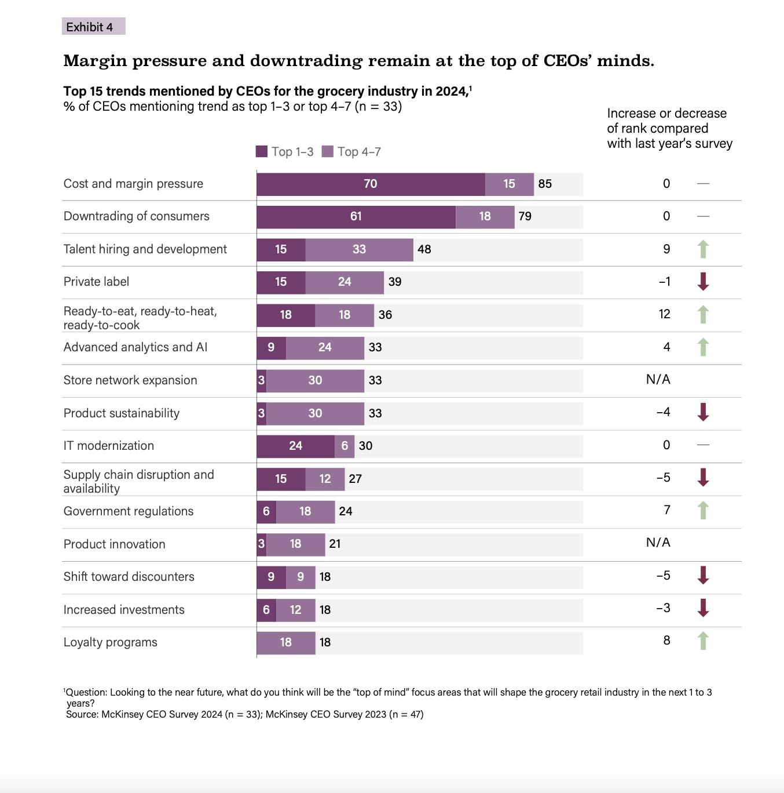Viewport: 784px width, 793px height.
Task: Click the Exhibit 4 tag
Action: (x=93, y=27)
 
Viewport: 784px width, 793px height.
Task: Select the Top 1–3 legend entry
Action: (x=285, y=152)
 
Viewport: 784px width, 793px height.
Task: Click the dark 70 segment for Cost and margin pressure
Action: (x=371, y=184)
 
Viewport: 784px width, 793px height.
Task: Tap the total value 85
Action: (x=545, y=184)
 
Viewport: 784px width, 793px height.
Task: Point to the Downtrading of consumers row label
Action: (x=136, y=216)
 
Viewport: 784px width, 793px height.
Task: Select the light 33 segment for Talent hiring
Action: (x=359, y=249)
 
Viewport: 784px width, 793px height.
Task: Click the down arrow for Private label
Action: (x=703, y=282)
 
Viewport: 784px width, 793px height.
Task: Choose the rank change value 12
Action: (x=664, y=314)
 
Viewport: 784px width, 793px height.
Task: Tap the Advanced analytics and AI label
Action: (x=135, y=347)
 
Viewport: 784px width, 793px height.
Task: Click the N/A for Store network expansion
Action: (x=658, y=380)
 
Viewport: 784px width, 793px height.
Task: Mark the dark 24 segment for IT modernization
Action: (x=295, y=446)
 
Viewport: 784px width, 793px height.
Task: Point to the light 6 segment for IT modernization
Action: (x=345, y=446)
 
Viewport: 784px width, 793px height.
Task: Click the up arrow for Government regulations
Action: (x=703, y=511)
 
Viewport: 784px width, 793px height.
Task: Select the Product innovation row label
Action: (x=114, y=544)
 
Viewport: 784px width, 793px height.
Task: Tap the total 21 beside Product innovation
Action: (x=335, y=544)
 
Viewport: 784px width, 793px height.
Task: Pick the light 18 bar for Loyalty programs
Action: (x=286, y=642)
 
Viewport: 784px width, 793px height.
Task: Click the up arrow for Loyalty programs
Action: (x=703, y=641)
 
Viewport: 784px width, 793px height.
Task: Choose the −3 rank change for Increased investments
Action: (x=663, y=608)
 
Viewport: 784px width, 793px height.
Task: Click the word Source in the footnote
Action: (x=81, y=714)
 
